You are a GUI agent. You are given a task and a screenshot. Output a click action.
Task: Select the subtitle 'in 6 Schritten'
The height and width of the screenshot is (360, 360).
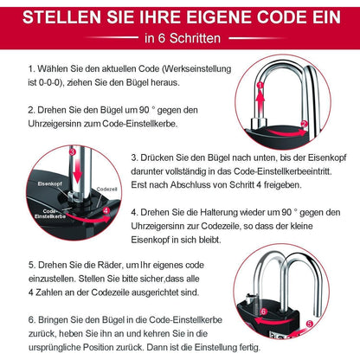[179, 37]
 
